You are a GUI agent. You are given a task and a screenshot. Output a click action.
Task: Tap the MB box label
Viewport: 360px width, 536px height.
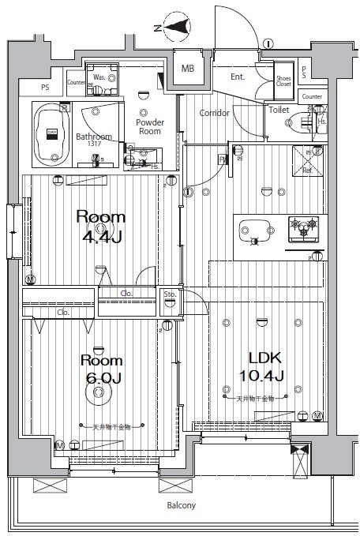[187, 69]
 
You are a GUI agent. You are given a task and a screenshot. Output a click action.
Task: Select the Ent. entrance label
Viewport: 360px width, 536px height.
[237, 77]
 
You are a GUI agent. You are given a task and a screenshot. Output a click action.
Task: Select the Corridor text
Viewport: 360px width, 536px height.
[214, 114]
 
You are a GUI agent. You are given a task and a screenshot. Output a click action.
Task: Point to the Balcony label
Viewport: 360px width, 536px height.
[181, 505]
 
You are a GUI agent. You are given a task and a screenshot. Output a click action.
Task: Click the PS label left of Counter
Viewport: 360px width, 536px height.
[44, 87]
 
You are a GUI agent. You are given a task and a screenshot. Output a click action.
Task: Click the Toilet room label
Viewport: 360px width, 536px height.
[279, 111]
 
